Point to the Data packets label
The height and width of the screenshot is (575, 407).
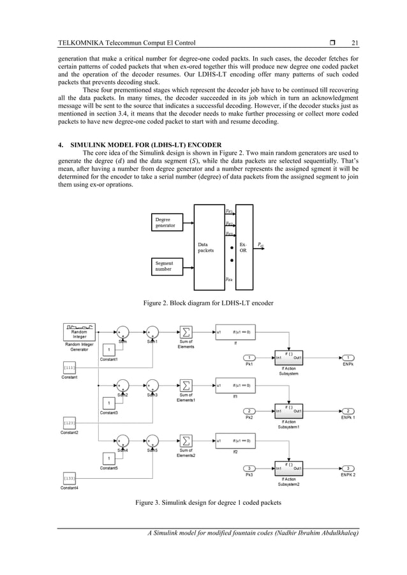coord(207,247)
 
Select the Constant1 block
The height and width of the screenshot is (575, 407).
coord(110,349)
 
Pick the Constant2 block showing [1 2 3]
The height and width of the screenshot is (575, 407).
coord(70,423)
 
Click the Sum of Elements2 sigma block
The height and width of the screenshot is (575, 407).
coord(186,440)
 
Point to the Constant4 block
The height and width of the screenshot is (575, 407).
coord(70,477)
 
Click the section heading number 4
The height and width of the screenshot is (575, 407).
coord(61,143)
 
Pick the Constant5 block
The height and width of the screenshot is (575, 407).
coord(110,459)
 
